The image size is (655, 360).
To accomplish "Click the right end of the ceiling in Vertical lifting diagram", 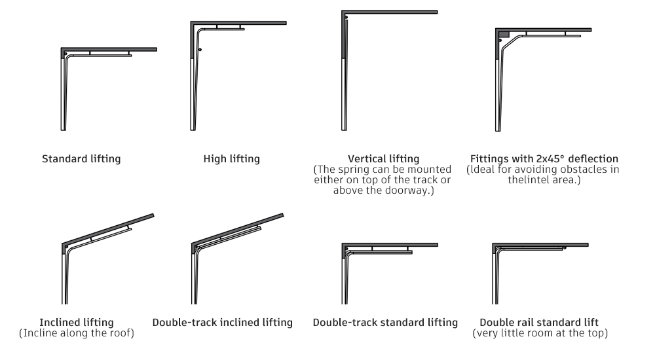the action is [x=438, y=12].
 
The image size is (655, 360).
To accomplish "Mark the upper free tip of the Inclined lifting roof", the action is [x=153, y=215].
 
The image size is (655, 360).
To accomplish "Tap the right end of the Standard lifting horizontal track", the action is [x=132, y=56].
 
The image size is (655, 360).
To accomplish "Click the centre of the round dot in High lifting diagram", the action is [x=200, y=50].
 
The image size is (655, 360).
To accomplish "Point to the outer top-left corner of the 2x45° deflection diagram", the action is [x=496, y=28].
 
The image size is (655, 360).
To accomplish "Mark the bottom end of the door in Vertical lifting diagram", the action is [x=345, y=130].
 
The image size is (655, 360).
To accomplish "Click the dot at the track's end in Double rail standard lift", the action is [x=565, y=248].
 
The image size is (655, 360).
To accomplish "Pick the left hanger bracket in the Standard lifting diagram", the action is [x=90, y=53].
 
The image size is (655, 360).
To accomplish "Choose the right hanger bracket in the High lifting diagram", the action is [x=240, y=27].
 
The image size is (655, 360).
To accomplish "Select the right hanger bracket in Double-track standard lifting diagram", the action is [x=407, y=249].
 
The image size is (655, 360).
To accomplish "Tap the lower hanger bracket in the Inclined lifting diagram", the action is [x=91, y=240].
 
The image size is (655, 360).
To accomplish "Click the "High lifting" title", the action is [x=231, y=158].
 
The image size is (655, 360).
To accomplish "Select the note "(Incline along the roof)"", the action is [x=77, y=333].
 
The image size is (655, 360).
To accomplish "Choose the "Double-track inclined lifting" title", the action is [x=222, y=323].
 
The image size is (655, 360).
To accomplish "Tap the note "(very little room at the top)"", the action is [x=540, y=333].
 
